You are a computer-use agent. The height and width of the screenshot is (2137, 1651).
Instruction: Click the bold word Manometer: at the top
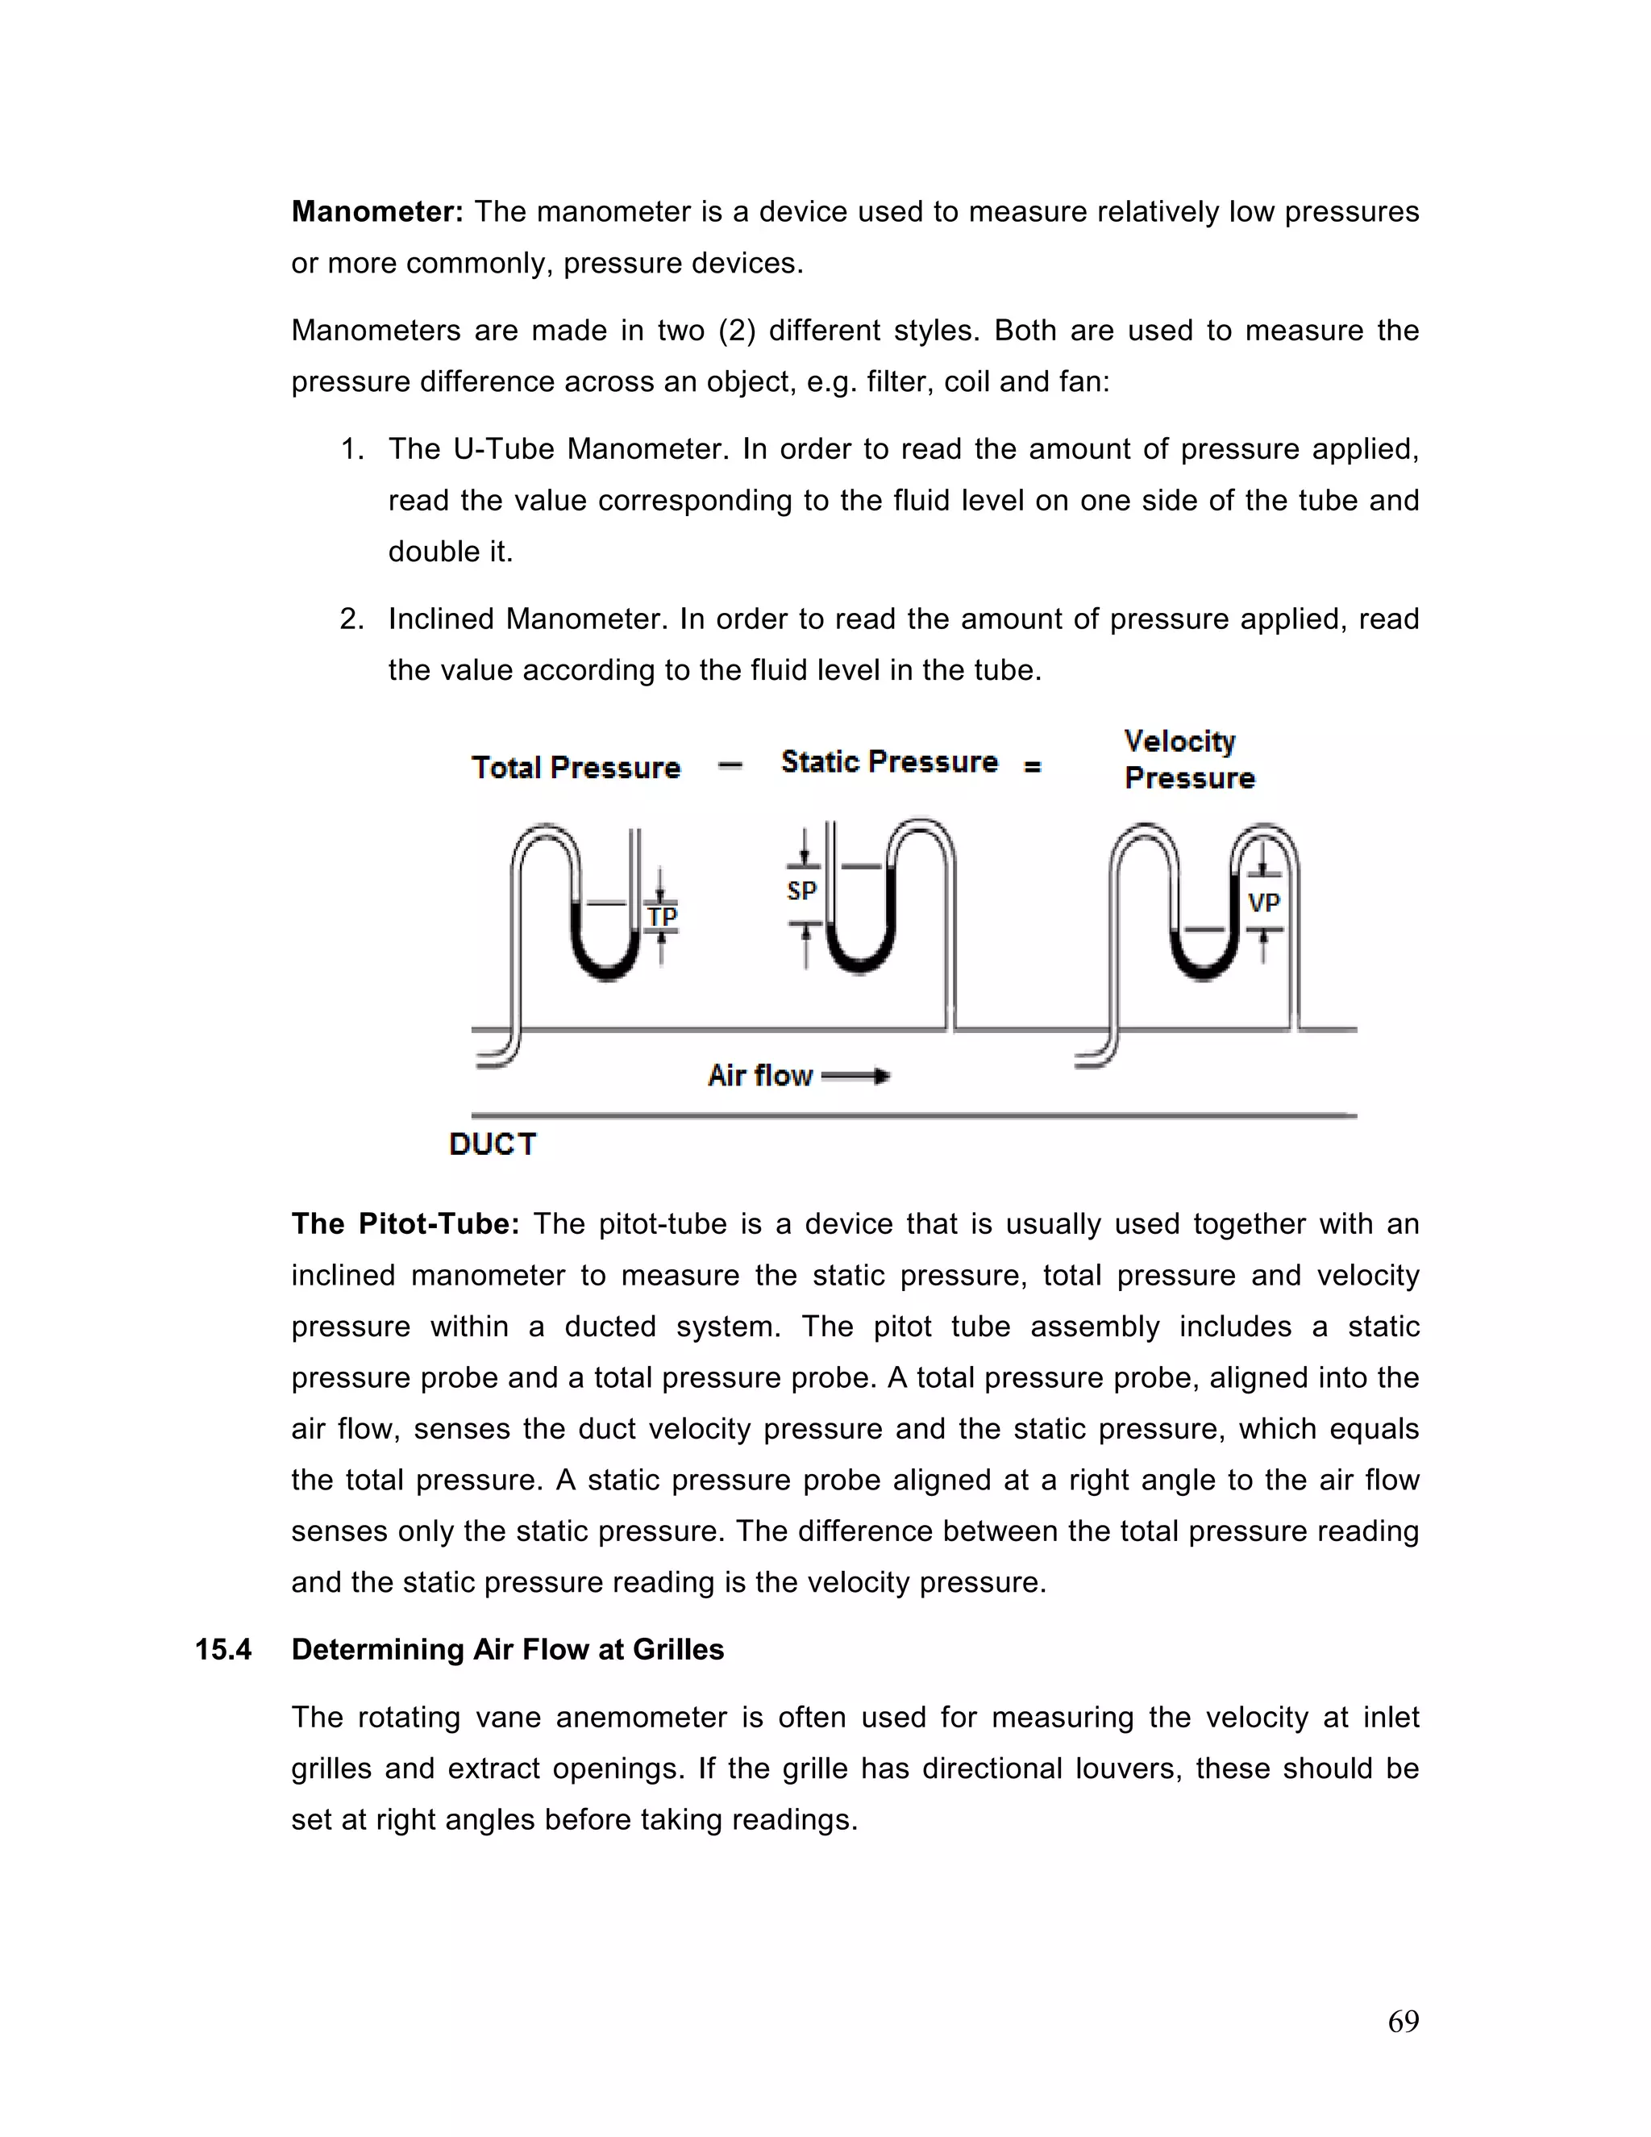[x=376, y=212]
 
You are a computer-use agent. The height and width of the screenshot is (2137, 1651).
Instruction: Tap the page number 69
[x=1403, y=2021]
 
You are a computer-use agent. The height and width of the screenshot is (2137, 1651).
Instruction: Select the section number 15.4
[x=223, y=1650]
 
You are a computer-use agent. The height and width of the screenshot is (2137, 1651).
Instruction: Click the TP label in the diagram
[x=662, y=917]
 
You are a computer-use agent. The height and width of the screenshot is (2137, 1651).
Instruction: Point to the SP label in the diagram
[x=801, y=890]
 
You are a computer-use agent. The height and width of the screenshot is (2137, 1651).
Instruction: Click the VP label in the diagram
[x=1264, y=902]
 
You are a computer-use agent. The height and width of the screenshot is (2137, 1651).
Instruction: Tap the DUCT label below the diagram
[x=493, y=1143]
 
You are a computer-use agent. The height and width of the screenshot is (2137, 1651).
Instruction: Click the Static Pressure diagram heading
[x=889, y=761]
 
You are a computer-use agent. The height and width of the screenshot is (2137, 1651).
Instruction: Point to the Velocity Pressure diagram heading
[x=1187, y=760]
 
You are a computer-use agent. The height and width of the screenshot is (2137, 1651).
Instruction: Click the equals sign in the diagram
[x=1032, y=767]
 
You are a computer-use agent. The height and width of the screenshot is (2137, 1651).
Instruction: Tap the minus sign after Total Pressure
[x=730, y=765]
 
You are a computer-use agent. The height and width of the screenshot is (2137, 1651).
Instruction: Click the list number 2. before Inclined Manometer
[x=352, y=619]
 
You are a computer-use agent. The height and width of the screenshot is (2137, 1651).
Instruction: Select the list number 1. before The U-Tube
[x=352, y=449]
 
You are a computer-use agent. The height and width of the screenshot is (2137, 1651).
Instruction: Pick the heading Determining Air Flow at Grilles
[x=508, y=1650]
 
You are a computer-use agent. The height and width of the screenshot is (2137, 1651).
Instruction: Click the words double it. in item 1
[x=450, y=552]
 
